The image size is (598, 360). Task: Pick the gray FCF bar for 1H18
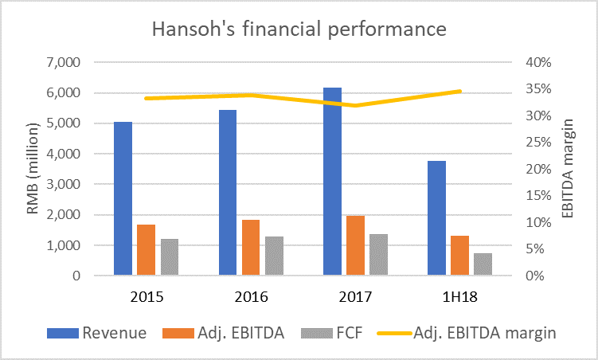(483, 264)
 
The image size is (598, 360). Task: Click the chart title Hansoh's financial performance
(299, 31)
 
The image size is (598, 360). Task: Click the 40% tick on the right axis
(536, 62)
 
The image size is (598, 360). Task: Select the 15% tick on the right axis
(536, 196)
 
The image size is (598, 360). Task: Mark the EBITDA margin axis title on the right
(569, 169)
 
